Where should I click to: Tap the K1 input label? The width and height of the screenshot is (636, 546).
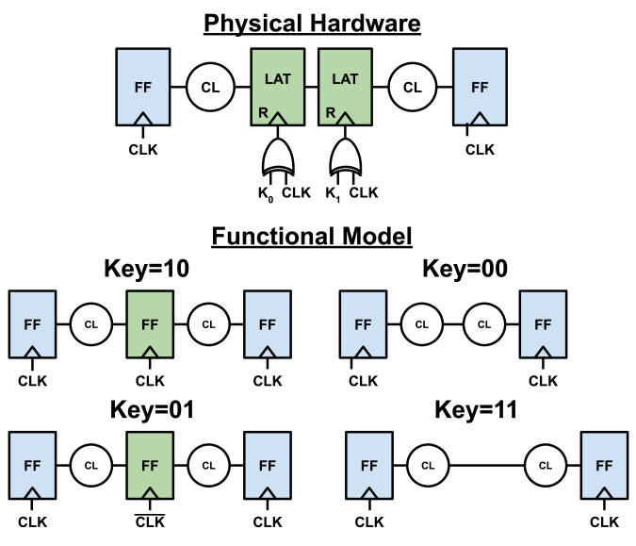click(x=334, y=194)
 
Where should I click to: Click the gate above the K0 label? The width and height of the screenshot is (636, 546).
click(x=279, y=157)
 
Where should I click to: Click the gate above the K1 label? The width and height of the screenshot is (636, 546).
click(x=346, y=157)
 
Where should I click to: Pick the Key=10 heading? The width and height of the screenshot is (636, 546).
click(x=149, y=271)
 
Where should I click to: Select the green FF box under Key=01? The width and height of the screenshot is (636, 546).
click(x=149, y=467)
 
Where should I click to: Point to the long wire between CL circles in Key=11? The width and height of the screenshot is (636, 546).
click(x=486, y=465)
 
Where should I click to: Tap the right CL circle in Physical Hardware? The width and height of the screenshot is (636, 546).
click(x=412, y=88)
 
